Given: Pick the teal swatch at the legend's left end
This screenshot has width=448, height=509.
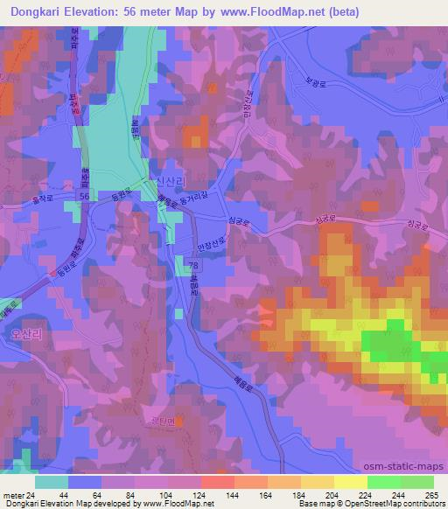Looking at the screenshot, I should point(51,482).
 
